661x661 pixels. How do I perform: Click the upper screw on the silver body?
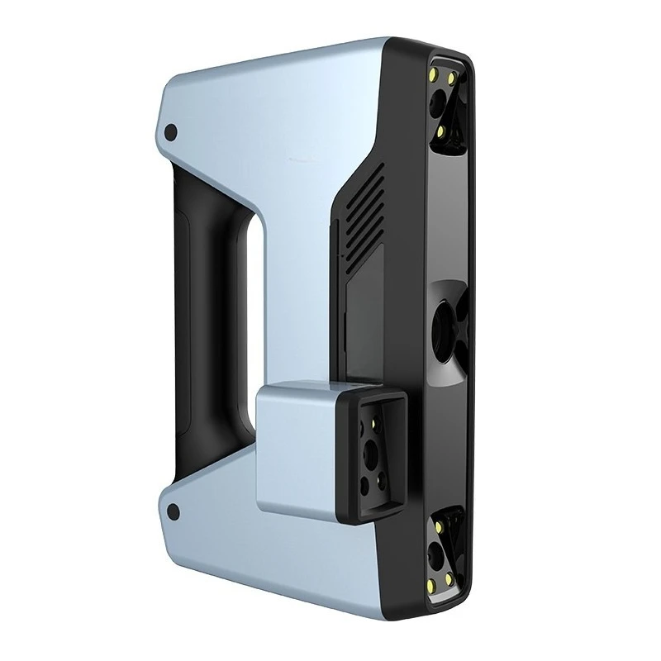click(x=171, y=132)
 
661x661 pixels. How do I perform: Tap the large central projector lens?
click(x=447, y=317)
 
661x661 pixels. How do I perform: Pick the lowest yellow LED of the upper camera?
click(x=442, y=130)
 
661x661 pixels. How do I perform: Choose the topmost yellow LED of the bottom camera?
click(x=441, y=521)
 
